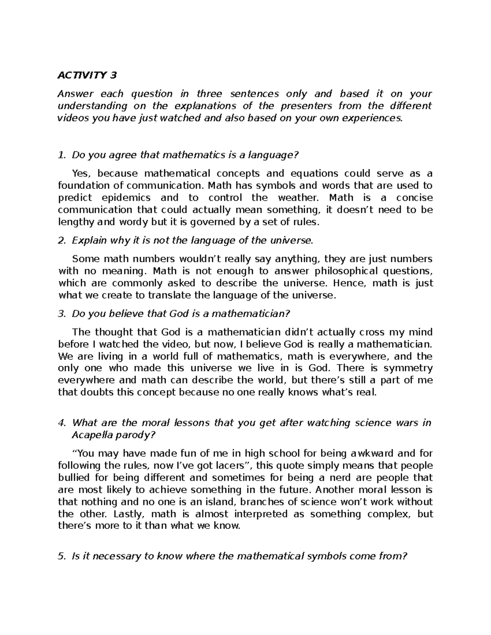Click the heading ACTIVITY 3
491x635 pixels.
click(87, 75)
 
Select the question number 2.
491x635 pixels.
click(62, 240)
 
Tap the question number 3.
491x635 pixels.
click(62, 314)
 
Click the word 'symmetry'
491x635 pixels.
click(408, 368)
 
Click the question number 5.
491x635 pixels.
click(62, 556)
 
